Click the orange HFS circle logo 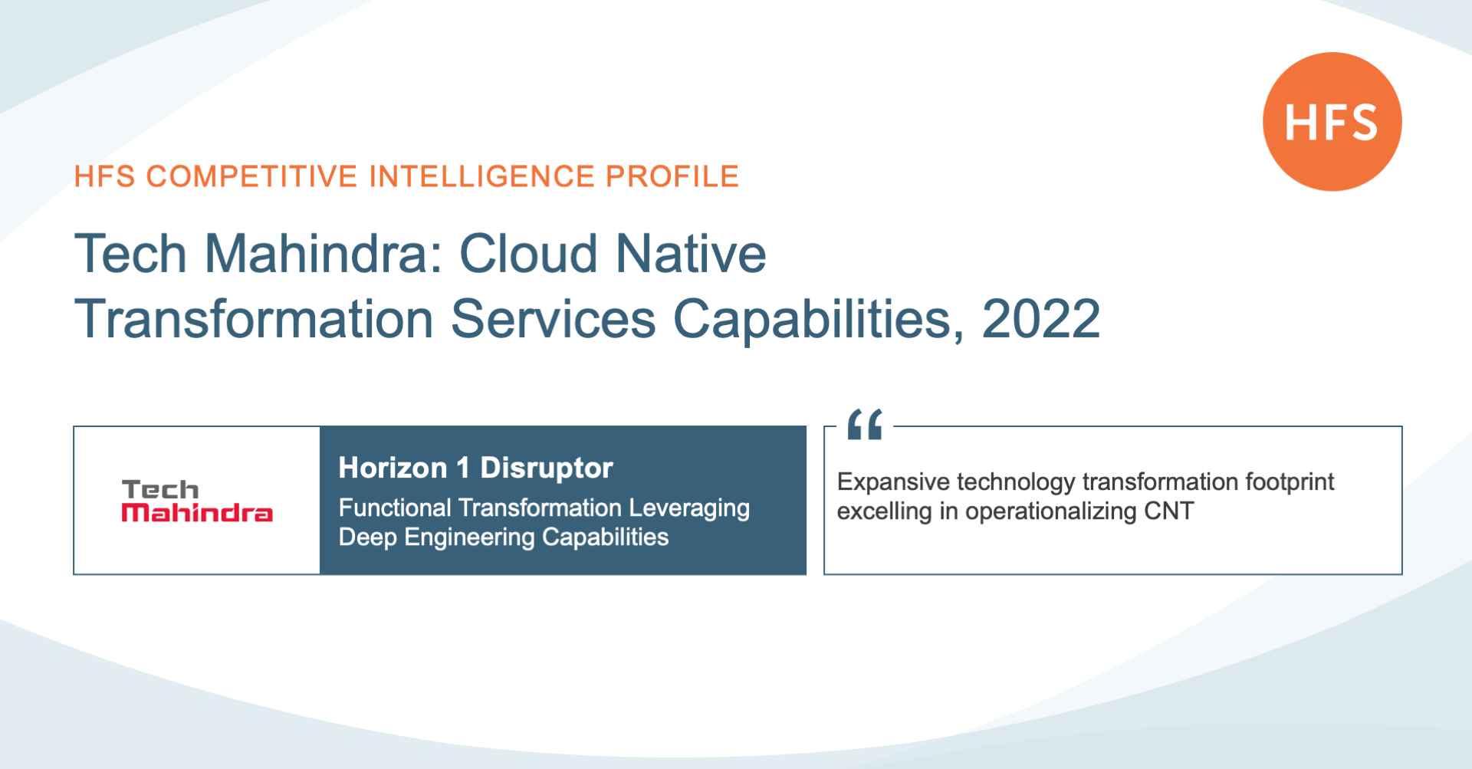click(1332, 121)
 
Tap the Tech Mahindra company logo click(197, 501)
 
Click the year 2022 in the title click(1040, 319)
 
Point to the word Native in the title click(691, 254)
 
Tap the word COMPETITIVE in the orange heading click(251, 176)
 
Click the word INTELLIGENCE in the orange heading click(481, 176)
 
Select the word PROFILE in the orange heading click(672, 176)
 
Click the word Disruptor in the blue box click(547, 468)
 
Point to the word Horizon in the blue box click(393, 468)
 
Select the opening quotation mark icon click(866, 424)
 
